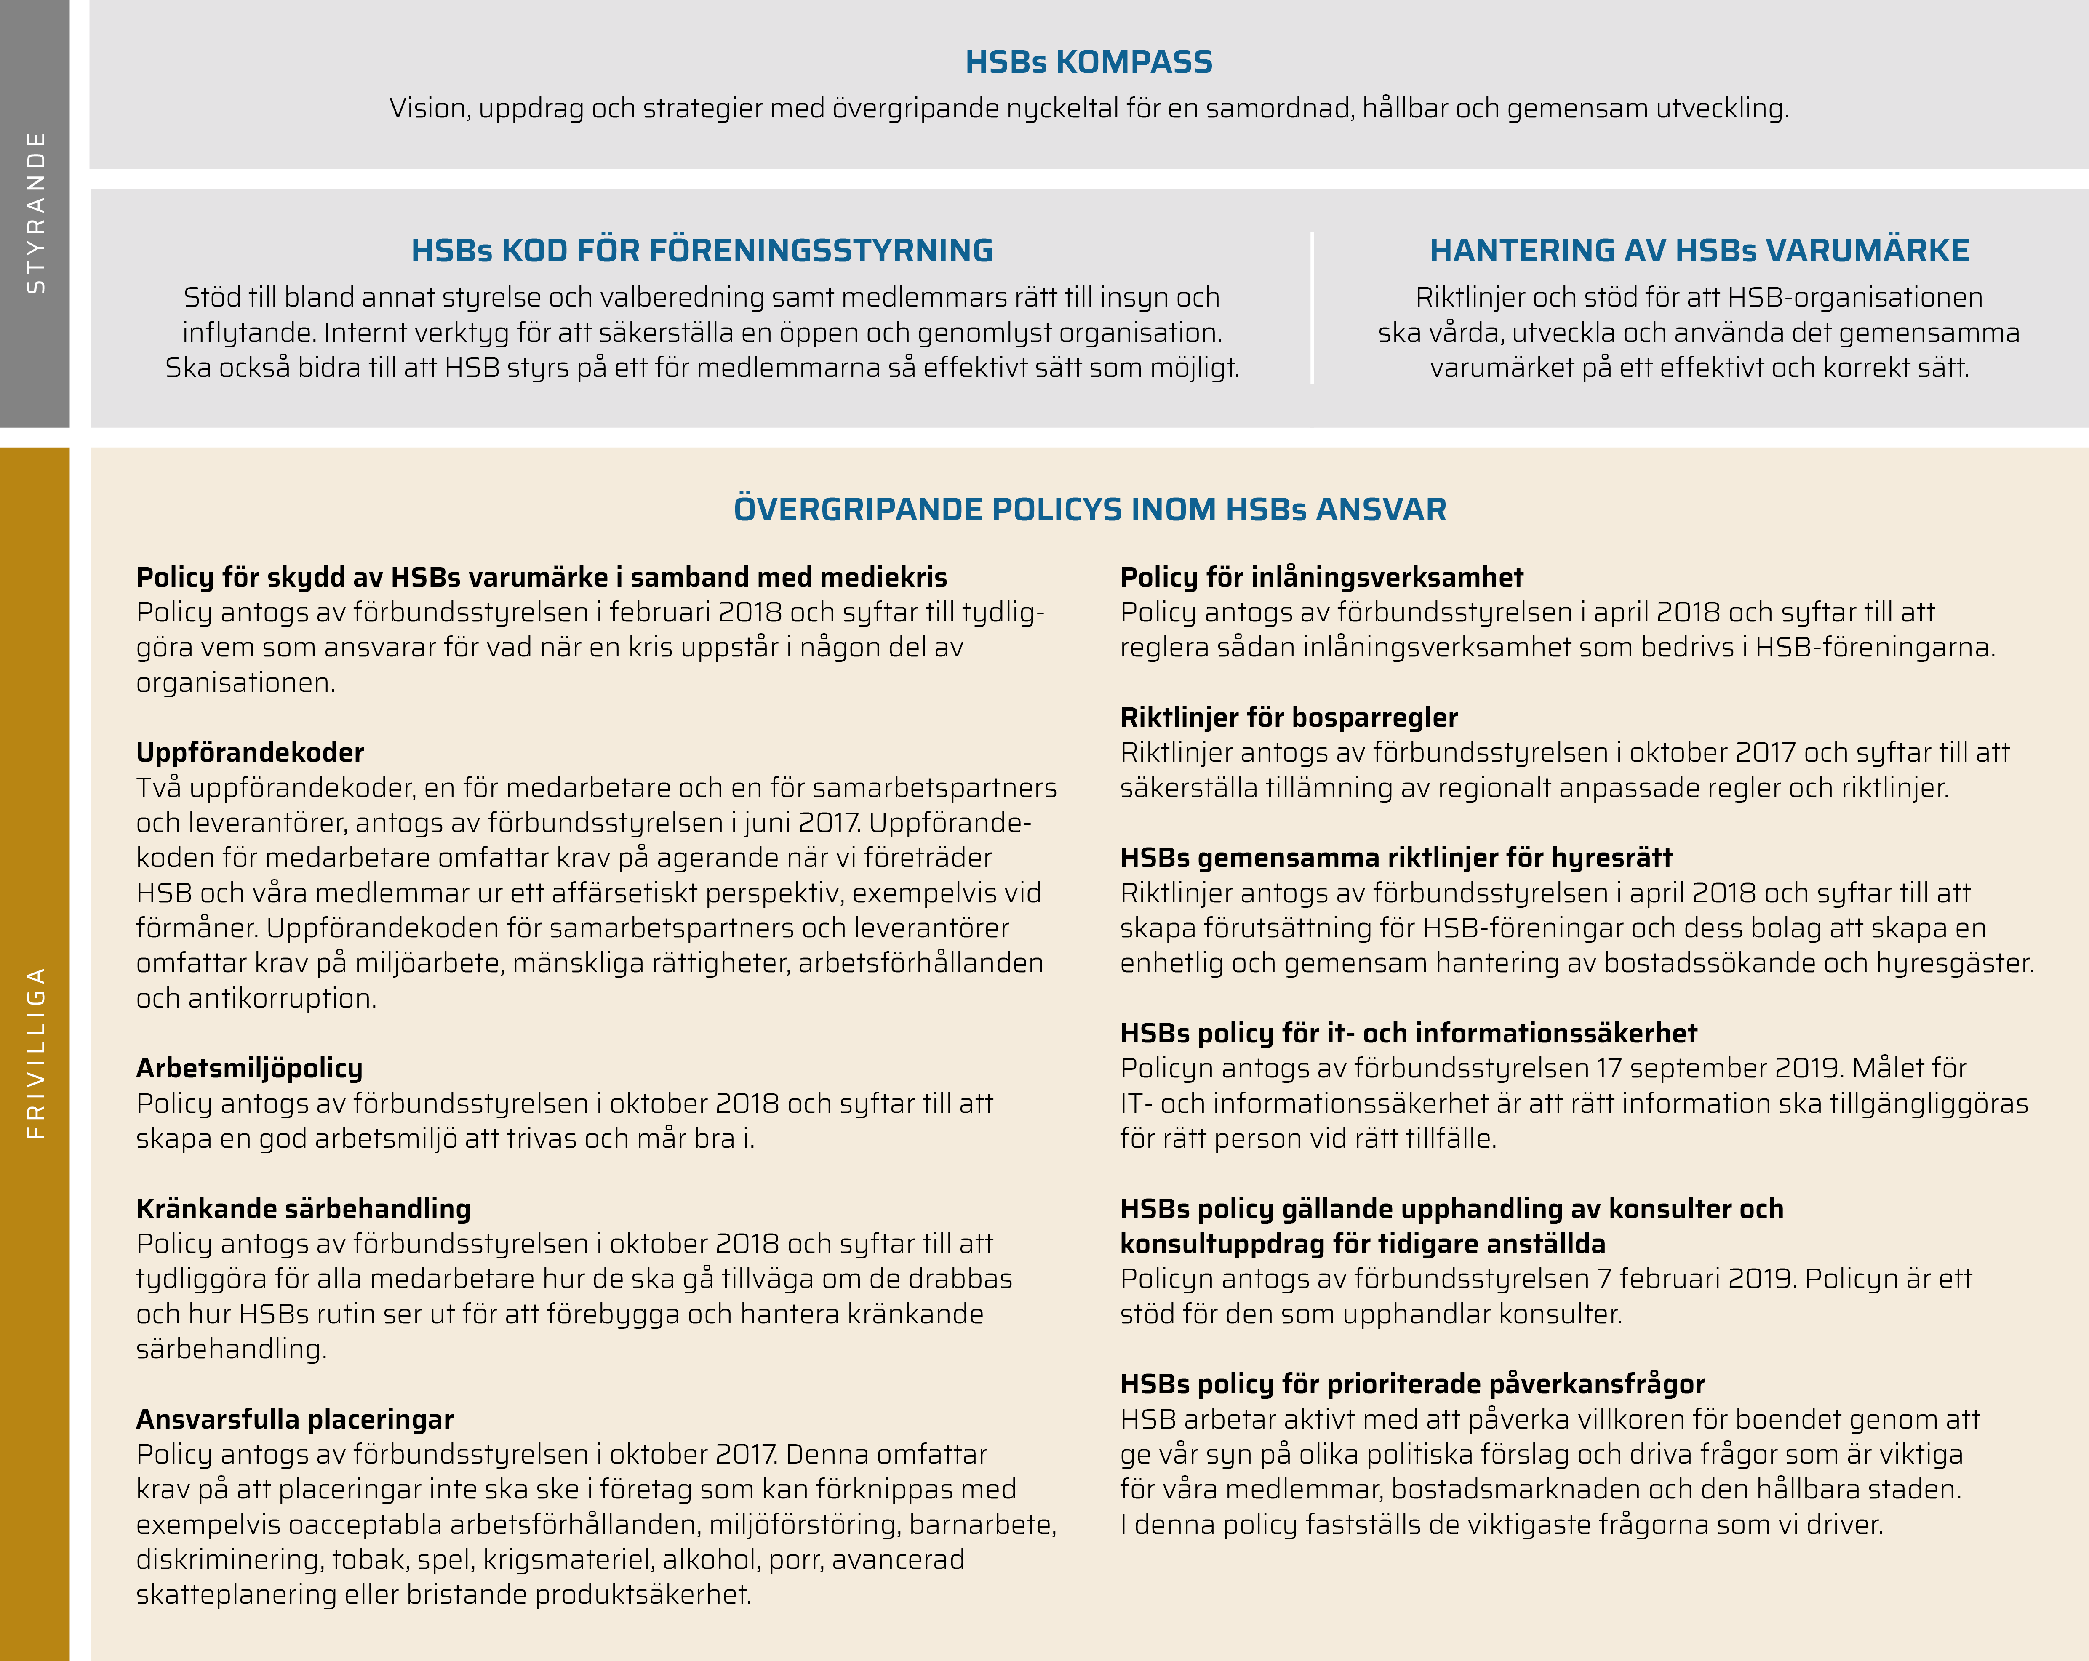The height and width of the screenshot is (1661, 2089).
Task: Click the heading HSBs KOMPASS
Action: (x=1088, y=62)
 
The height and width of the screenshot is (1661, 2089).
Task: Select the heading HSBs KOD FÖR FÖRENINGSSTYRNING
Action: (x=702, y=250)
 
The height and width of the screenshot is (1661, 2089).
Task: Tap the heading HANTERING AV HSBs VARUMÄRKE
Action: (x=1699, y=250)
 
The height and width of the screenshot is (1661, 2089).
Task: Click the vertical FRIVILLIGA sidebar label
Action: (x=35, y=1051)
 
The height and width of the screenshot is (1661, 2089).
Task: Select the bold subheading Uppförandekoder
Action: (x=250, y=752)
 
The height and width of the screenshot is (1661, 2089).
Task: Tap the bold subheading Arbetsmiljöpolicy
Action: (x=249, y=1068)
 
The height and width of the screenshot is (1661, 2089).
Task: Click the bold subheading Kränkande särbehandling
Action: (x=303, y=1208)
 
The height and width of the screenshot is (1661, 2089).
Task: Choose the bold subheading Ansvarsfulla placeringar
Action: (x=295, y=1419)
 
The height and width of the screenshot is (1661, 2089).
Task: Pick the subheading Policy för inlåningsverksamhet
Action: (x=1321, y=576)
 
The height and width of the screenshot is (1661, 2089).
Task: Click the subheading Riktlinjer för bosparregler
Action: (x=1289, y=717)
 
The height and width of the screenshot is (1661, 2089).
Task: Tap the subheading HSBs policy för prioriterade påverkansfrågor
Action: (x=1412, y=1384)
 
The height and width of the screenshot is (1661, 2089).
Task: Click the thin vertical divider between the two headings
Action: (x=1312, y=308)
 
